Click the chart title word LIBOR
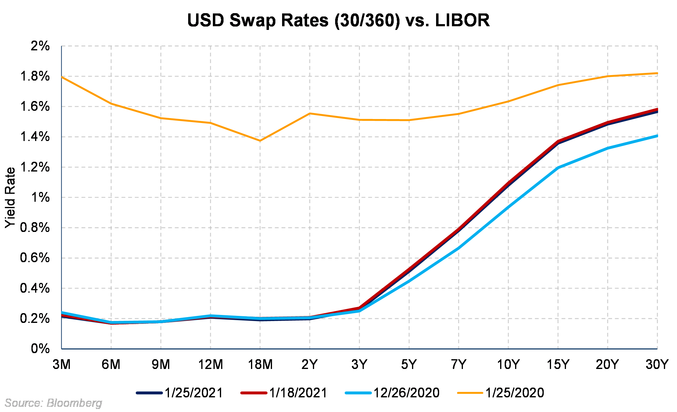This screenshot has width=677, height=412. coord(462,20)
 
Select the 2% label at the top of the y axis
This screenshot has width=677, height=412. coord(40,46)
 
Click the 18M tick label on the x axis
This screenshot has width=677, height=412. coord(260,364)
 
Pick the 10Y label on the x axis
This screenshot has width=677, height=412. coord(508,364)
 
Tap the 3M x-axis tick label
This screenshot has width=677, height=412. coord(62,364)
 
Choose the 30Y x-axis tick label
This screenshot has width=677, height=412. coord(657,364)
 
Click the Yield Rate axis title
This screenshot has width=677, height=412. coord(10,197)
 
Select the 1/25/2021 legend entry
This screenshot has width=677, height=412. coord(180,393)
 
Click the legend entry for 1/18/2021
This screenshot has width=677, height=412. coord(284,393)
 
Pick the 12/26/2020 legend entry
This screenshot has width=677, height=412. coord(393,393)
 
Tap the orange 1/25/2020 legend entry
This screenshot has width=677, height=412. coord(501,393)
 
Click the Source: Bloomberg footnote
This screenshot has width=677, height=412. coord(53,403)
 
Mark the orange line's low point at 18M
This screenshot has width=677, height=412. coord(260,141)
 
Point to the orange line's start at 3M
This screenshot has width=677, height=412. coord(62,77)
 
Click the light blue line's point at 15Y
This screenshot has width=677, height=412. coord(558,168)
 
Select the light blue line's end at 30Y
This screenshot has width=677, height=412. coord(657,136)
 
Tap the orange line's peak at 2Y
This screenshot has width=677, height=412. coord(310,114)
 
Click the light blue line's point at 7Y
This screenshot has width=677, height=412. coord(459,248)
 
